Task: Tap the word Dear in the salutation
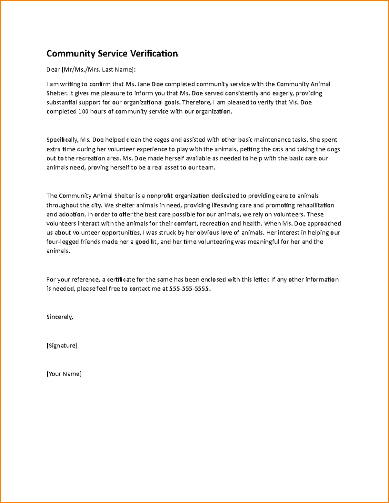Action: (x=53, y=69)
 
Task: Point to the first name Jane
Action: (x=144, y=84)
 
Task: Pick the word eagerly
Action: (x=282, y=93)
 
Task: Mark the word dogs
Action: (x=334, y=149)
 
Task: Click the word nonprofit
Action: (x=160, y=196)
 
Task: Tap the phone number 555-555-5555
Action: (x=190, y=289)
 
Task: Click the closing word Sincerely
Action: (x=60, y=317)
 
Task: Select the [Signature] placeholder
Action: (x=62, y=346)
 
